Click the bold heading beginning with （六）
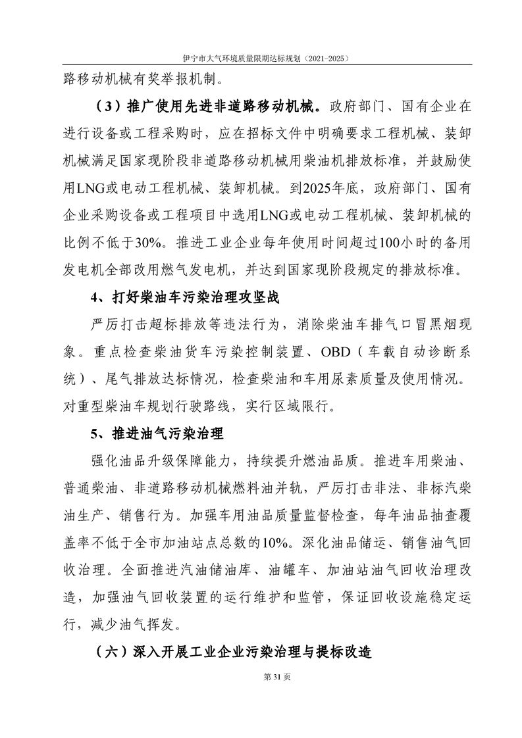tap(231, 652)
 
